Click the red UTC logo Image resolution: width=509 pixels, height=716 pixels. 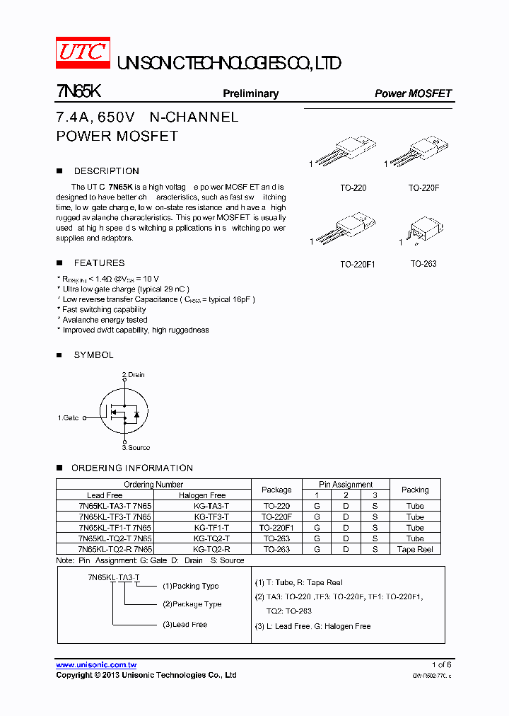click(x=82, y=52)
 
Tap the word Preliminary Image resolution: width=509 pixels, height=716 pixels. click(x=250, y=93)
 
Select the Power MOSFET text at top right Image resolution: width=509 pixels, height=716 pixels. click(x=413, y=93)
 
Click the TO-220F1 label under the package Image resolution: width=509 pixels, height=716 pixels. click(x=357, y=264)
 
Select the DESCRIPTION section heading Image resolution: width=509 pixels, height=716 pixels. click(x=106, y=171)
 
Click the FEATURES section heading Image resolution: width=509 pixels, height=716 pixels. click(x=99, y=262)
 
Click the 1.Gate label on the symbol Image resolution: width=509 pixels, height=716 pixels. click(x=68, y=418)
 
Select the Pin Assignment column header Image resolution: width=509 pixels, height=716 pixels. click(x=346, y=485)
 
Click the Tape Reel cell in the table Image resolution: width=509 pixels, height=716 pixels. click(x=415, y=549)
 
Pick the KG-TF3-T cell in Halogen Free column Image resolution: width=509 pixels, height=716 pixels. click(x=211, y=517)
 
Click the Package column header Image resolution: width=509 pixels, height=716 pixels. click(x=276, y=490)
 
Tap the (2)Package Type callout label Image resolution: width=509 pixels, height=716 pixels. click(x=192, y=604)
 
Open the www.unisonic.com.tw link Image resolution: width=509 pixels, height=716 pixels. click(x=96, y=665)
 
